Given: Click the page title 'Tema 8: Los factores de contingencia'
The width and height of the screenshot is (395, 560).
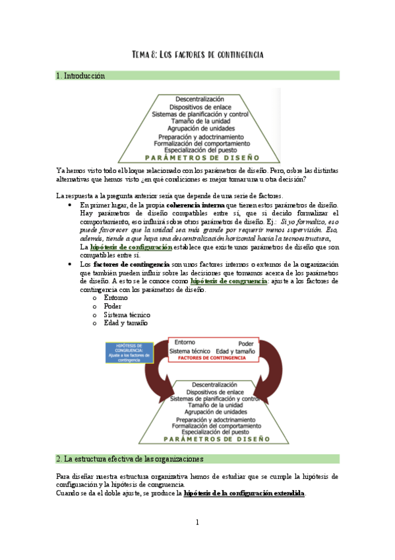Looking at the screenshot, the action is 198,54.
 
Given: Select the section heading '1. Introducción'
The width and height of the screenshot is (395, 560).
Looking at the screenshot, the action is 81,76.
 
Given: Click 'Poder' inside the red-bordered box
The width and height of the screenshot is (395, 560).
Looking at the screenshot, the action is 246,343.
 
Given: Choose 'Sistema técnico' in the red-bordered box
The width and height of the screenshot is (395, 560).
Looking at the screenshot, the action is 190,351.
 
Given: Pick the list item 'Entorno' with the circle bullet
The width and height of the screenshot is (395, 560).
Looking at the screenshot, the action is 117,298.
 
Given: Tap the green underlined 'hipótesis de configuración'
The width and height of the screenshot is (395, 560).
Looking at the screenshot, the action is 131,247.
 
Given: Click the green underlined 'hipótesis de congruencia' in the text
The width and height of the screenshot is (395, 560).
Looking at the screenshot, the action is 228,281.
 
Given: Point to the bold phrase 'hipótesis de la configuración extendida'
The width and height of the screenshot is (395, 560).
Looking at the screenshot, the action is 244,493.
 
